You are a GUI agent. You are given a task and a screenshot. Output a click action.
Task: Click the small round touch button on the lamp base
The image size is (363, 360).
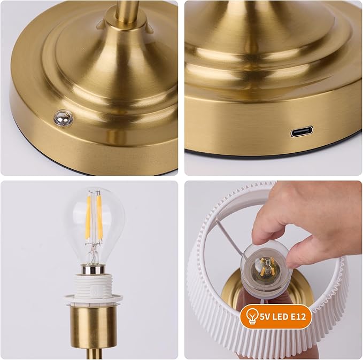[x=63, y=118]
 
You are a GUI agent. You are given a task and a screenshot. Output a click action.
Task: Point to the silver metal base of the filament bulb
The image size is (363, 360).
[x=94, y=269]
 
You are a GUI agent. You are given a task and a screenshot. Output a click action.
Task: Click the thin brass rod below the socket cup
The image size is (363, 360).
[x=94, y=353]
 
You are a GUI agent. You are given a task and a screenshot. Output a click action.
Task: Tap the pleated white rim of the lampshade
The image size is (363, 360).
[x=203, y=299]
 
